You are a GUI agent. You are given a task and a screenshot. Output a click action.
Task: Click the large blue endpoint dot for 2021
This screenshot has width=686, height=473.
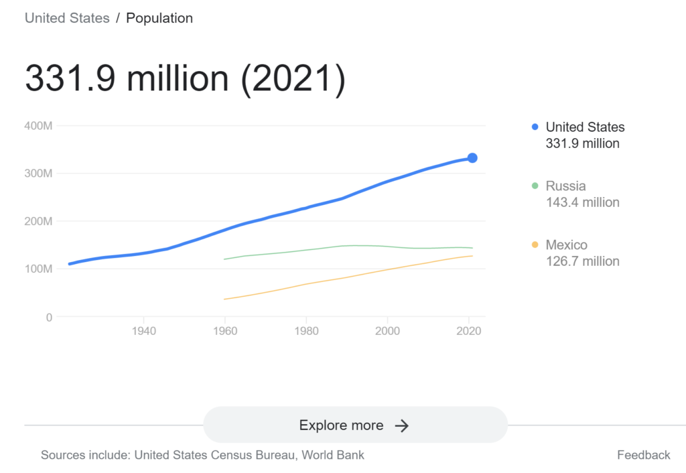[x=472, y=158]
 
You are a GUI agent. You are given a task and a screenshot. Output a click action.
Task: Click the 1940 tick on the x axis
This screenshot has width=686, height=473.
[x=144, y=331]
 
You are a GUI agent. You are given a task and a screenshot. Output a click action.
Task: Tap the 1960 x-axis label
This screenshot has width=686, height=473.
[x=225, y=331]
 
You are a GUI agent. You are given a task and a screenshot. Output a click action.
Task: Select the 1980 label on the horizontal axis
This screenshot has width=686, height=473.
[x=306, y=331]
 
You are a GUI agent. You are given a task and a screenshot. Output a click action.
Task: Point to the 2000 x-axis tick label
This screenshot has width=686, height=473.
[x=387, y=331]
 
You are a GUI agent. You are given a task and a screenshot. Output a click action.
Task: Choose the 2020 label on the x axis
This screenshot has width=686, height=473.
[x=468, y=331]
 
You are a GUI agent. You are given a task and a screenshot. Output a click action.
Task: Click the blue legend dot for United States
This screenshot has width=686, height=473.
[x=535, y=127]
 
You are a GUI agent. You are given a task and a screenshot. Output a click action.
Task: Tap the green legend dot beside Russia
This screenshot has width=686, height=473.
[x=535, y=186]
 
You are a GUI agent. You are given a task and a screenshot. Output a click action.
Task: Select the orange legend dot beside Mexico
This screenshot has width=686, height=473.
[x=535, y=245]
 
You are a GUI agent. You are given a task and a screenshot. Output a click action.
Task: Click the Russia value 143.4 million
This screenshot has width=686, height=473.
[x=583, y=202]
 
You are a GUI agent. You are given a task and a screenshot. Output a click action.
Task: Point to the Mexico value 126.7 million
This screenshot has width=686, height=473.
[x=583, y=261]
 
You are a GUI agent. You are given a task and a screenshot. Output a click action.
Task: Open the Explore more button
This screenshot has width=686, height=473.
[x=355, y=425]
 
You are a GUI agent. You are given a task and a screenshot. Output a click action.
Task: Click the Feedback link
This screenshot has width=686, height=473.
[x=643, y=455]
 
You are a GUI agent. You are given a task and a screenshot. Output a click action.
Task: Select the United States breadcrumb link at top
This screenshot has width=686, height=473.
[x=67, y=18]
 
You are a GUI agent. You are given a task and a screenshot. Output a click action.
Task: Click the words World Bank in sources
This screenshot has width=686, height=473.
[x=333, y=455]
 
